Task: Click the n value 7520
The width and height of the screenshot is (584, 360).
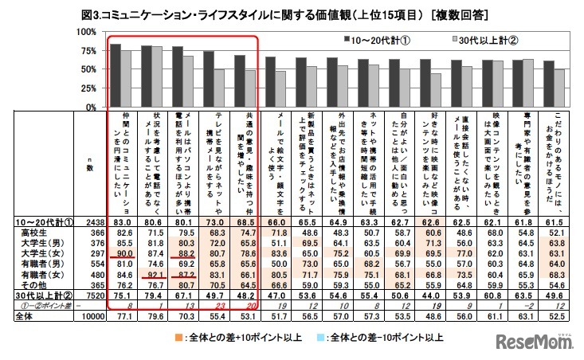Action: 90,295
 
